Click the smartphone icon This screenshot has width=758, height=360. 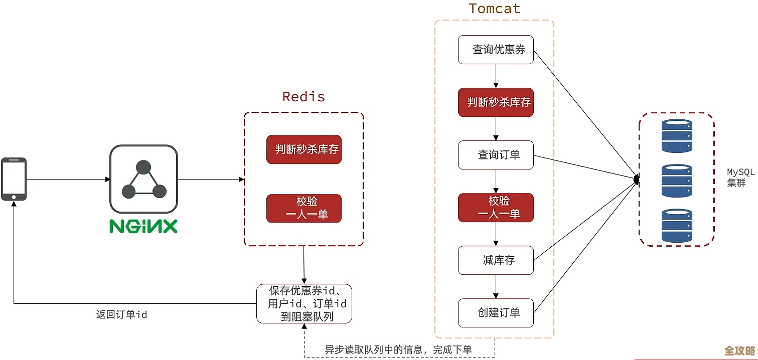[14, 179]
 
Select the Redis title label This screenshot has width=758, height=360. [304, 97]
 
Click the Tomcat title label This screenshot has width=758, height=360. [494, 9]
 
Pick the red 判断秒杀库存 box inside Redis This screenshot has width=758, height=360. [304, 149]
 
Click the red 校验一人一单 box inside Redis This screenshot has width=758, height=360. [304, 208]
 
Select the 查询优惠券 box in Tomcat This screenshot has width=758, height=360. [496, 50]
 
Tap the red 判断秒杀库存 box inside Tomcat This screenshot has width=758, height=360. [496, 102]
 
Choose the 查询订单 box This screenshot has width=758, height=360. [496, 155]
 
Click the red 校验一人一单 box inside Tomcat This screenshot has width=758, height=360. [496, 208]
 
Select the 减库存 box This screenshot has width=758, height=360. [496, 260]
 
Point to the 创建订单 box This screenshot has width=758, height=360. [496, 313]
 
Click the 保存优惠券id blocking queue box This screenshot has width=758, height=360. [304, 303]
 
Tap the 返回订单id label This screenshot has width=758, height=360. [121, 315]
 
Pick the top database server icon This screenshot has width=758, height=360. [676, 135]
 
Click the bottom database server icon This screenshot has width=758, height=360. [676, 226]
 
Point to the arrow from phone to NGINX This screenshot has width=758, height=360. [68, 179]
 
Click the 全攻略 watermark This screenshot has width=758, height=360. [740, 350]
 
